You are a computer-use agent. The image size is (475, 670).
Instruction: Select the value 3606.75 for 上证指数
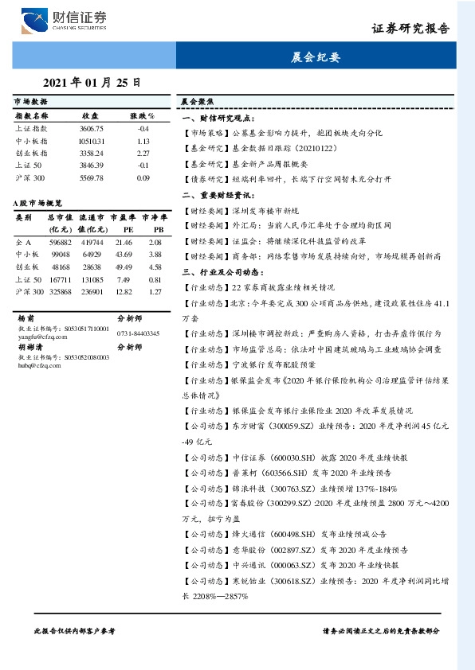(92, 128)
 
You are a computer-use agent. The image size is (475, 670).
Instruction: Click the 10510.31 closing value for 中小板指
(92, 140)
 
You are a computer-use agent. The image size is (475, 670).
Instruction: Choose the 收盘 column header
(90, 116)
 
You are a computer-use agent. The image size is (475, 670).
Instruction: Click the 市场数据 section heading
(30, 103)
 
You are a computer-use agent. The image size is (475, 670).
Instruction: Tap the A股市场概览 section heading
(38, 204)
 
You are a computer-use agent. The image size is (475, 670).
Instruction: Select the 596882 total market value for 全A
(61, 241)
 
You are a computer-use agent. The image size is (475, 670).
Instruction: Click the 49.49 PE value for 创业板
(124, 267)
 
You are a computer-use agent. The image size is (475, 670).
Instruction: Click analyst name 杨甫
(26, 317)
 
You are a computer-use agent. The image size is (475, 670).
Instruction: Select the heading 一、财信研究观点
(217, 117)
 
